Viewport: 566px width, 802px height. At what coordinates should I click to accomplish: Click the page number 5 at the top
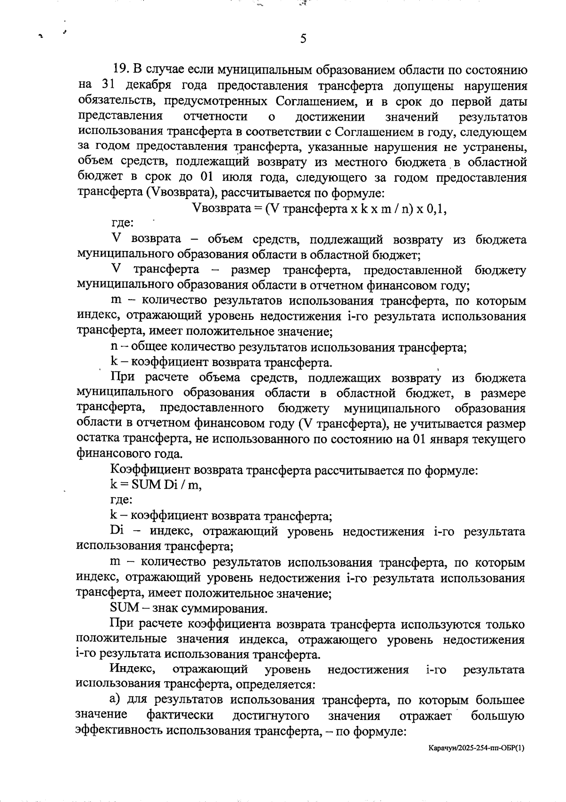click(x=303, y=39)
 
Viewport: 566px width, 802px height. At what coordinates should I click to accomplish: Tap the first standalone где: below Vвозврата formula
click(x=122, y=224)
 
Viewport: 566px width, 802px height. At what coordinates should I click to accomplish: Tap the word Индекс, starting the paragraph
click(x=132, y=669)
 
